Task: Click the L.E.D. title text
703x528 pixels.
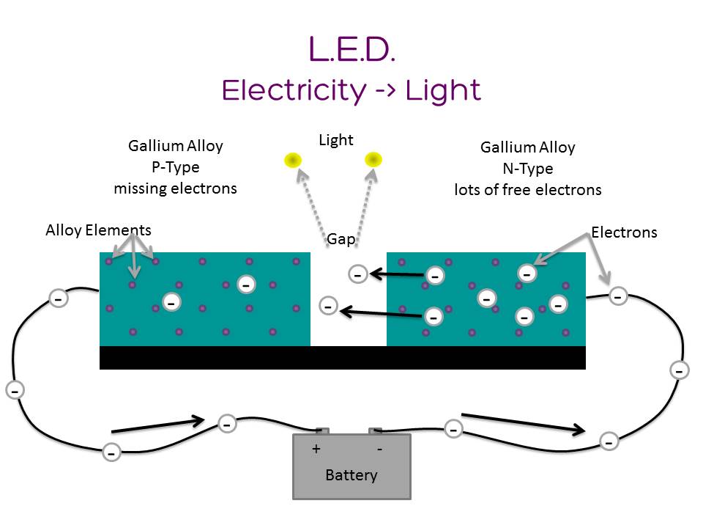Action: pyautogui.click(x=351, y=49)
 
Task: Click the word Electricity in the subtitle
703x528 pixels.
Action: pyautogui.click(x=294, y=90)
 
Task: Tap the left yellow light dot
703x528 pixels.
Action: pyautogui.click(x=294, y=160)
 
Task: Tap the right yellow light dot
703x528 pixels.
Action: pyautogui.click(x=373, y=159)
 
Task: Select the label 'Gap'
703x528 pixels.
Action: pyautogui.click(x=341, y=239)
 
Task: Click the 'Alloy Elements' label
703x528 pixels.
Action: pyautogui.click(x=98, y=230)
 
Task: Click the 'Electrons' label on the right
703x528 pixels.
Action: pyautogui.click(x=624, y=232)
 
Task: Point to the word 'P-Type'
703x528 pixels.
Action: pyautogui.click(x=175, y=167)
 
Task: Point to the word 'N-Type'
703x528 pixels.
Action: pyautogui.click(x=527, y=169)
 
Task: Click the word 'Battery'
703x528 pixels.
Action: pyautogui.click(x=351, y=475)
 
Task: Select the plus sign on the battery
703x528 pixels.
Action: pyautogui.click(x=316, y=449)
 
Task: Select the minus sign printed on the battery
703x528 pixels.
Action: pyautogui.click(x=379, y=449)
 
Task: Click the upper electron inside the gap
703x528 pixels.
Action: pyautogui.click(x=357, y=274)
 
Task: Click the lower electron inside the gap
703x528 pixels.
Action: pyautogui.click(x=329, y=306)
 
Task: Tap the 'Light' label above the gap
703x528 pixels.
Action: pyautogui.click(x=336, y=140)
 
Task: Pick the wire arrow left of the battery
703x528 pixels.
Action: pyautogui.click(x=157, y=425)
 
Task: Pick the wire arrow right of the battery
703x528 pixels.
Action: pyautogui.click(x=524, y=423)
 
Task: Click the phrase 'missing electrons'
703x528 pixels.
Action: pyautogui.click(x=175, y=188)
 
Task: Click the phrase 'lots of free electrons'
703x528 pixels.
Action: pyautogui.click(x=527, y=190)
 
